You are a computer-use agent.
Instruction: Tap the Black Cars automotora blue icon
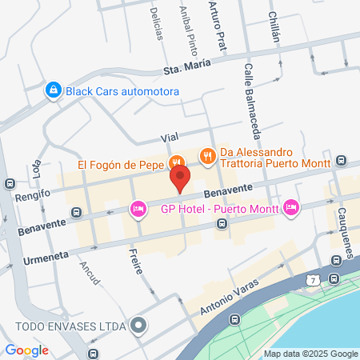54,90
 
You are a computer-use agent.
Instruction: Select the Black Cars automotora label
122,91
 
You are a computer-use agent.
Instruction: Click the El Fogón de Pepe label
120,166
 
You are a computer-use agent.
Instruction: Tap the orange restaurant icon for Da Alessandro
208,156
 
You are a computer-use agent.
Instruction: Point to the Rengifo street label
33,194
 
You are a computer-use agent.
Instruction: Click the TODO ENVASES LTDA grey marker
139,326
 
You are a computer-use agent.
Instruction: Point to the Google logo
26,350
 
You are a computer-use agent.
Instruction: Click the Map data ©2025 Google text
311,354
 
